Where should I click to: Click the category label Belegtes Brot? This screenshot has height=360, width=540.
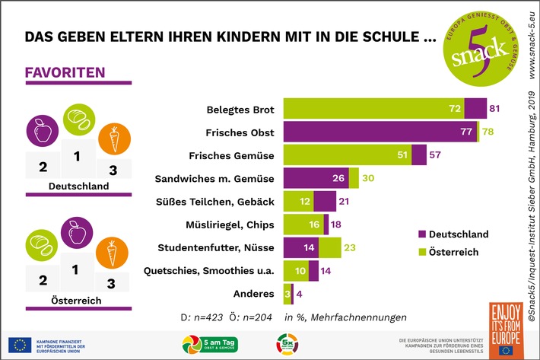tap(240, 109)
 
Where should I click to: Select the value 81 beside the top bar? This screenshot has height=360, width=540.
tap(494, 109)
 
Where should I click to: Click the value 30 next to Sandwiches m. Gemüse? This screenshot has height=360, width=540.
tap(368, 178)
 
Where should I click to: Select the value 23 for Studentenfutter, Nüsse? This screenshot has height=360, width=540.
tap(351, 247)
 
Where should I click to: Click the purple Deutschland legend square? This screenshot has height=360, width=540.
tap(422, 234)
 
